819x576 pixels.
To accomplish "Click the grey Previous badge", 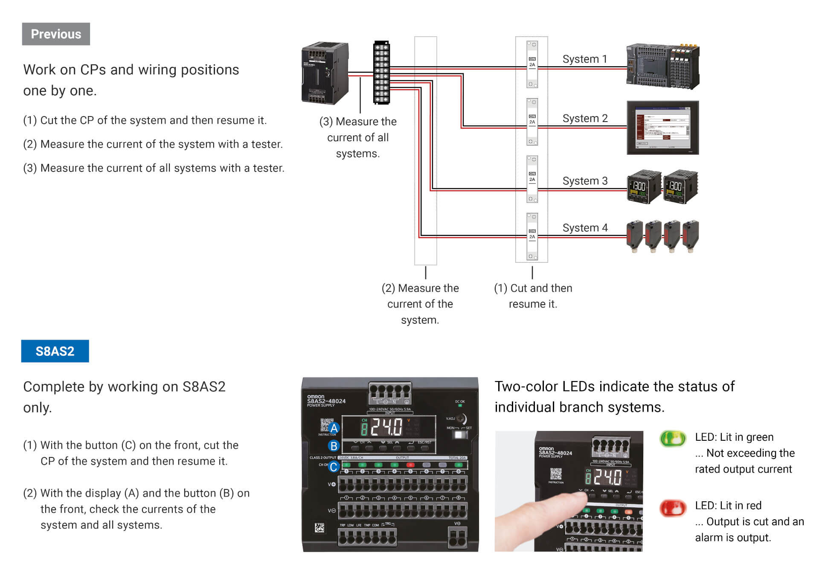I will click(x=56, y=34).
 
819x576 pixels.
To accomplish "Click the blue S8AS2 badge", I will click(x=55, y=351).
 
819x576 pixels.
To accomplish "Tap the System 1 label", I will click(x=584, y=59).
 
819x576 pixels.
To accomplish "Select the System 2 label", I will click(x=585, y=118).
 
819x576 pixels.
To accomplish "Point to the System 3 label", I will click(x=585, y=181).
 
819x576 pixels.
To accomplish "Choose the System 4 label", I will click(x=585, y=228).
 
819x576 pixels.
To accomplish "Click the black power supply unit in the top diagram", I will click(x=325, y=73).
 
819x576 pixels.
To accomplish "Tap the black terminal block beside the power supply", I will click(x=381, y=73).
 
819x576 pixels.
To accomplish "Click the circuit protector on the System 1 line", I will click(x=532, y=64).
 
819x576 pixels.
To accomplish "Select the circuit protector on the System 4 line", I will click(x=532, y=236).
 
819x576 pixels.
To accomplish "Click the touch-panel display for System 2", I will click(x=662, y=128).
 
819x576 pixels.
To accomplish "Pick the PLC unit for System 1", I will click(x=662, y=66).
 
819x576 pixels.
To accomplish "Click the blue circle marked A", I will click(x=334, y=428).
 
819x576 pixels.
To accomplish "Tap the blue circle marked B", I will click(x=334, y=446).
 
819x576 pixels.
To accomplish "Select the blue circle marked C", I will click(x=334, y=467).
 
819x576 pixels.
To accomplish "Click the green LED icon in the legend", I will click(x=673, y=439).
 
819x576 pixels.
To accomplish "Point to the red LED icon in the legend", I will click(x=673, y=508).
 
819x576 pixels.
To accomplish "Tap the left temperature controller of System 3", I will click(x=644, y=187).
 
